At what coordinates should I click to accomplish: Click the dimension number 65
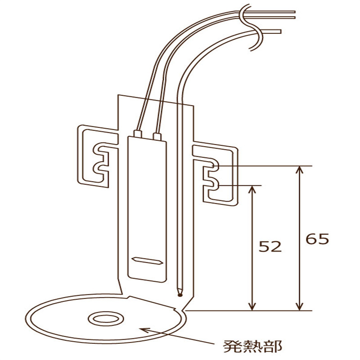317,239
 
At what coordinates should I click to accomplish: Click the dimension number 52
270,247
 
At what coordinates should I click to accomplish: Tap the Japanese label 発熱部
252,346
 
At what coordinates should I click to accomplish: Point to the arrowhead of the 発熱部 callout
144,330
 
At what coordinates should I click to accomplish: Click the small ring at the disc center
106,319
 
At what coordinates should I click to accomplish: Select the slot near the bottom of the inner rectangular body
148,261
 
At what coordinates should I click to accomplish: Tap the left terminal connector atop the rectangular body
138,134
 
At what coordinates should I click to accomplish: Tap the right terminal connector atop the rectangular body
157,136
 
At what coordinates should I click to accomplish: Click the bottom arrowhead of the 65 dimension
299,306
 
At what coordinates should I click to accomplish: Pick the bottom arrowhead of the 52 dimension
252,306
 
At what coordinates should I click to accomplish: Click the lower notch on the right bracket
213,185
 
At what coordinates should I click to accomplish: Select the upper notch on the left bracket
99,149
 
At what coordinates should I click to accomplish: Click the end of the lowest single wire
280,31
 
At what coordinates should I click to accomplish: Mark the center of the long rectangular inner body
147,209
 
